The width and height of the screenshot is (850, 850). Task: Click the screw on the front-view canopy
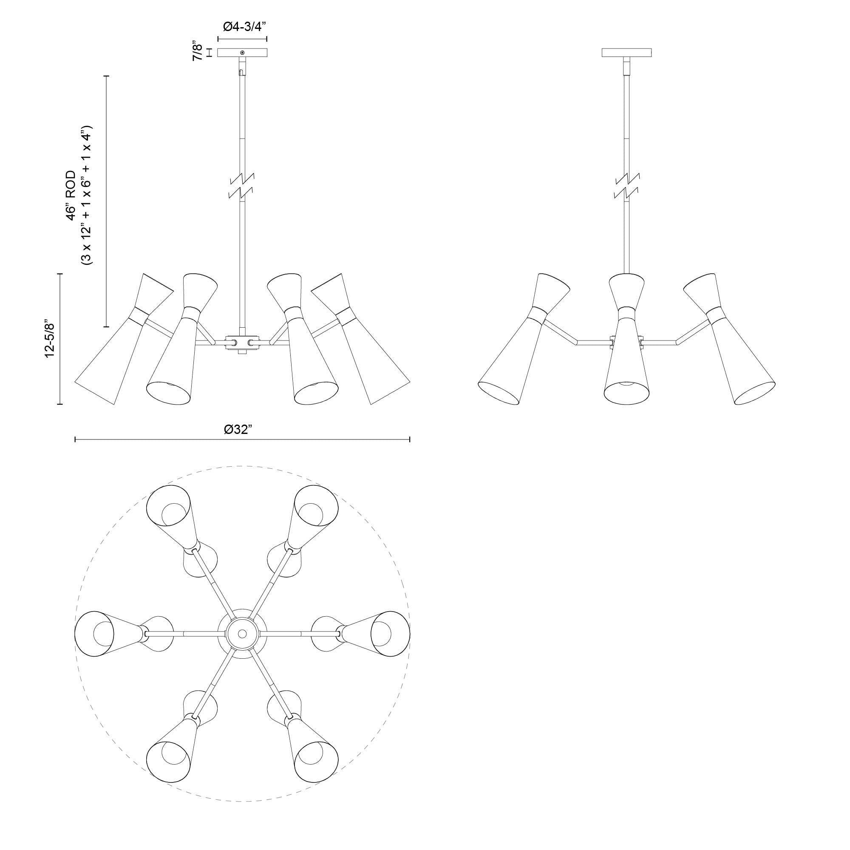click(x=242, y=53)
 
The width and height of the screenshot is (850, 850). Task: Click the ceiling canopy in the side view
click(x=626, y=52)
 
